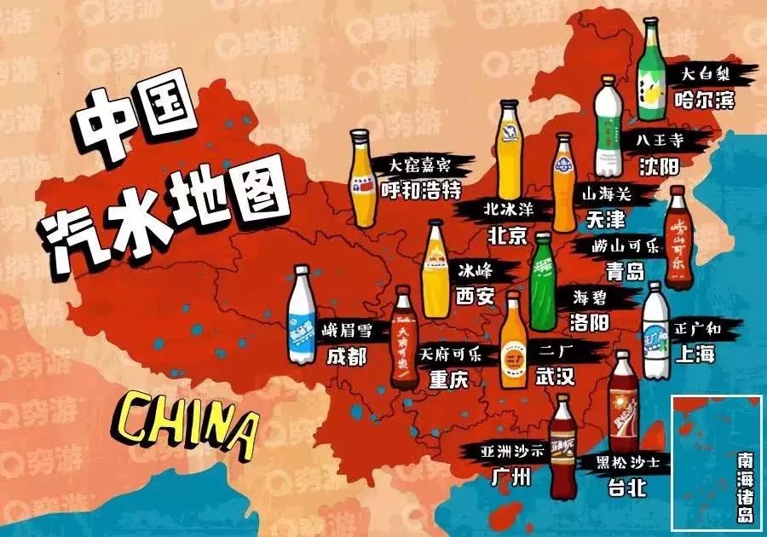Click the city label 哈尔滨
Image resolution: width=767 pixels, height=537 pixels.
pyautogui.click(x=703, y=101)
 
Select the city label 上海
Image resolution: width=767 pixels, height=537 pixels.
pyautogui.click(x=692, y=353)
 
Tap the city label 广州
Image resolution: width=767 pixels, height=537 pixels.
pyautogui.click(x=510, y=478)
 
